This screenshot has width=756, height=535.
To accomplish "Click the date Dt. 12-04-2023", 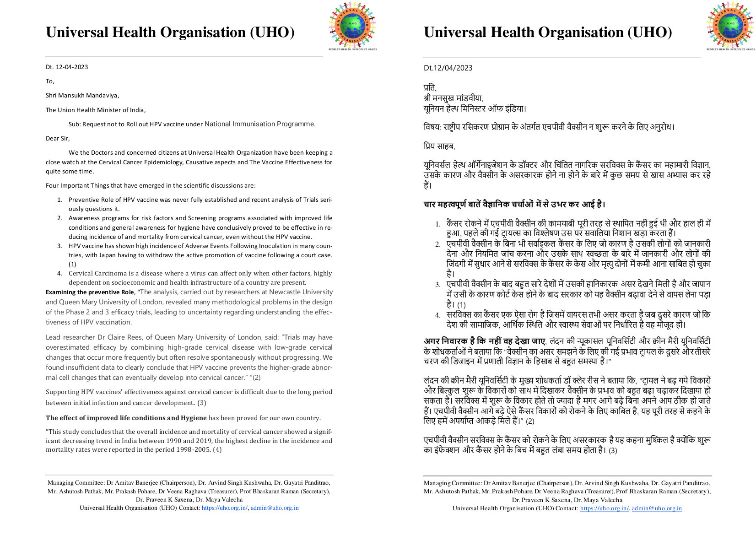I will pos(67,67).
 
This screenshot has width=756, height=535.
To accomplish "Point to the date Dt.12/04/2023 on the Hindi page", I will pos(448,68).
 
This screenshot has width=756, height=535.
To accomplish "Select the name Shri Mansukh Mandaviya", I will pos(82,96).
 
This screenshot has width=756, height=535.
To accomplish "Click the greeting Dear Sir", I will pos(58,139).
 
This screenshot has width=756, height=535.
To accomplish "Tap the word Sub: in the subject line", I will pos(75,124).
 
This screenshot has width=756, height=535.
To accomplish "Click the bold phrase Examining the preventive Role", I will pos(90,292).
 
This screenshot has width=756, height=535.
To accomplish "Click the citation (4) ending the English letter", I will pos(217,449).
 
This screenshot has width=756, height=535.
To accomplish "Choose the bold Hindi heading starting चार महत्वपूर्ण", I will pos(514,205).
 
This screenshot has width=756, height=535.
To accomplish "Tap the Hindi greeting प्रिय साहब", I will pos(439,147).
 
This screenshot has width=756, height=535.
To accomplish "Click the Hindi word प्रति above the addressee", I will pos(430,87).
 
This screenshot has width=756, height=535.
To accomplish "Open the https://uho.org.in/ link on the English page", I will pos(224,508).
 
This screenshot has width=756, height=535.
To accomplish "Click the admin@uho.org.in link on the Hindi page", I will pos(657,508).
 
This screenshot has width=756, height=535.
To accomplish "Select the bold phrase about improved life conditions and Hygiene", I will pos(126,418).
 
